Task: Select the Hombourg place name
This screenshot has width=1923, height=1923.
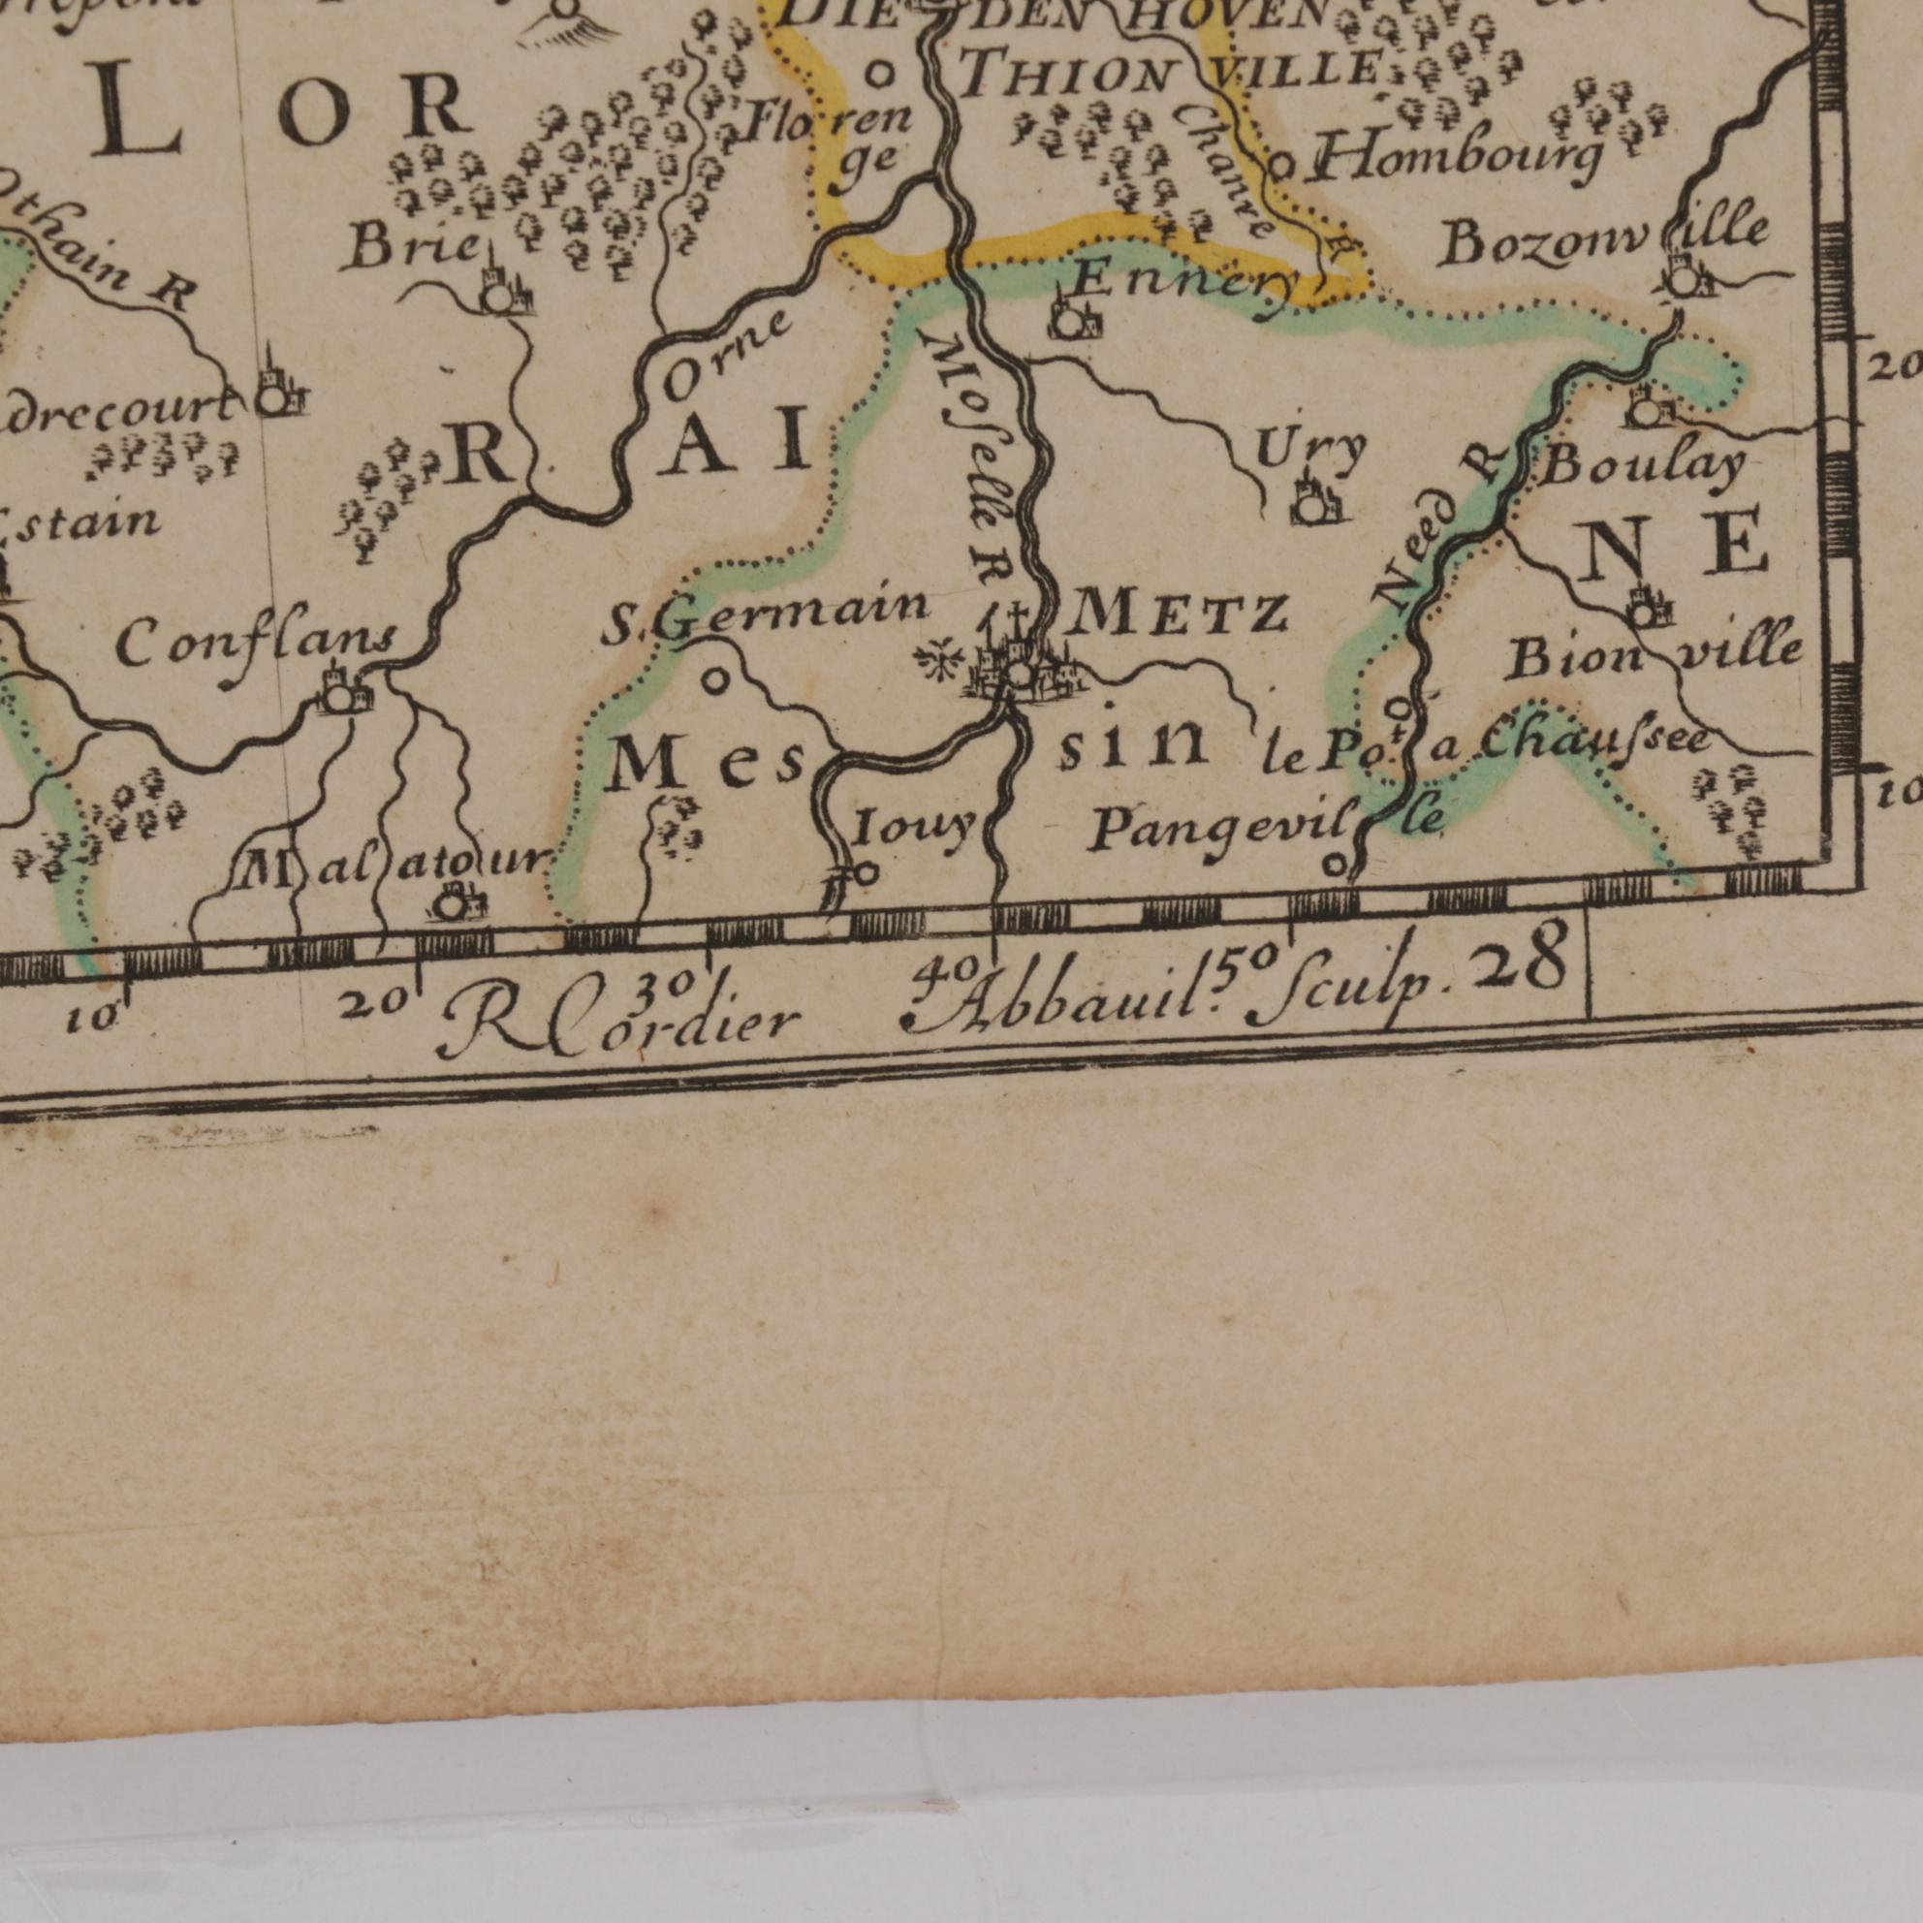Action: (x=1458, y=157)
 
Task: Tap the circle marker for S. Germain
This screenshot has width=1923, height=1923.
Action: (x=715, y=681)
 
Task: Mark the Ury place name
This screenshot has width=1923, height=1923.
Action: (x=1308, y=453)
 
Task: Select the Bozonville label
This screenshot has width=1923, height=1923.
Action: (x=1602, y=238)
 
